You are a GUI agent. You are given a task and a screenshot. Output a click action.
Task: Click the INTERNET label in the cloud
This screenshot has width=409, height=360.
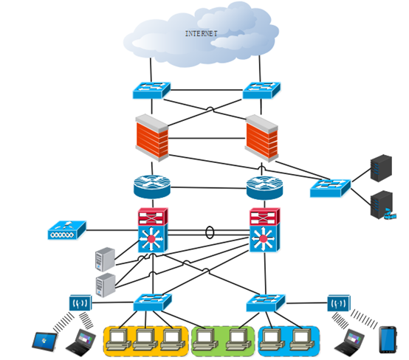[x=201, y=34]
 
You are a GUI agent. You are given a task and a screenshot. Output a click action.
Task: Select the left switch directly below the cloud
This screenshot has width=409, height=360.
[x=151, y=91]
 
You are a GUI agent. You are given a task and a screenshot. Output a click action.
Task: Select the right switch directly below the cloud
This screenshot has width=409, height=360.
[x=261, y=90]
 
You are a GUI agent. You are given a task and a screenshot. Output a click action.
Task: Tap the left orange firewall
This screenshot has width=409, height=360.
[x=152, y=137]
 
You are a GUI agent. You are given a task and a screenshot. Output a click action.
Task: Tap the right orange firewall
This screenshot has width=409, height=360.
[x=261, y=138]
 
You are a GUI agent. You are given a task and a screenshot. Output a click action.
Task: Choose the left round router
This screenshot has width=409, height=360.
[x=152, y=187]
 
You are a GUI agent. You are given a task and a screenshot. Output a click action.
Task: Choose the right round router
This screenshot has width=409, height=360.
[x=264, y=187]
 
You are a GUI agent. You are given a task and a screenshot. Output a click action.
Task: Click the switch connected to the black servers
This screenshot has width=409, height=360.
[x=330, y=187]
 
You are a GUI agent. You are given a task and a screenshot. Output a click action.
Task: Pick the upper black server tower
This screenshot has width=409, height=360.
[x=381, y=168]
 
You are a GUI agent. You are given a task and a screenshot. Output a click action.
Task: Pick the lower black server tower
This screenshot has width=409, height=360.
[x=382, y=205]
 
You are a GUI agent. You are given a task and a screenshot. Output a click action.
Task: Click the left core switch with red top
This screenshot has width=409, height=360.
[x=153, y=230]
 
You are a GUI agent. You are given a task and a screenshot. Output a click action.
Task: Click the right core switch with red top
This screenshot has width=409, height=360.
[x=264, y=230]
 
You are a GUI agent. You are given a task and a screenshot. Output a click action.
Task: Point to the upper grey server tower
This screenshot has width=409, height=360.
[x=105, y=260]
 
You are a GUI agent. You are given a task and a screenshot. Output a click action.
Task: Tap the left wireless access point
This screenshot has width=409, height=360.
[x=80, y=303]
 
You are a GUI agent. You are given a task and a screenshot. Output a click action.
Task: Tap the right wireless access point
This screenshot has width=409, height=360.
[x=339, y=303]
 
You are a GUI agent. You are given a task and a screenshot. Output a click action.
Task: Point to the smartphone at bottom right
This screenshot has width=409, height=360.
[x=388, y=339]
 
